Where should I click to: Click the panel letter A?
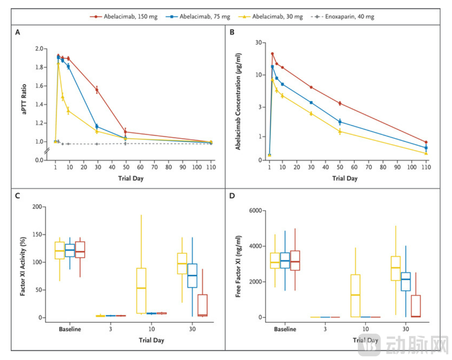17,33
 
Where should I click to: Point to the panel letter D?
232,196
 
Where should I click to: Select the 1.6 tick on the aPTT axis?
39,86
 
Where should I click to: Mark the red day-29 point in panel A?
97,90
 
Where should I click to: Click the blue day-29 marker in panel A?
97,127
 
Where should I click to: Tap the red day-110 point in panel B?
426,142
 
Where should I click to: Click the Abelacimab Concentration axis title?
238,101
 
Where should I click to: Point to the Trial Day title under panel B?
344,179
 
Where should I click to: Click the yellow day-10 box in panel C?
141,290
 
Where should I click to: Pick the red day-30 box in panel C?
202,305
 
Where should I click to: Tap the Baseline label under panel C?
70,329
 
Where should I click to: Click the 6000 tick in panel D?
254,210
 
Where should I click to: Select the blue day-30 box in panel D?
406,281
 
